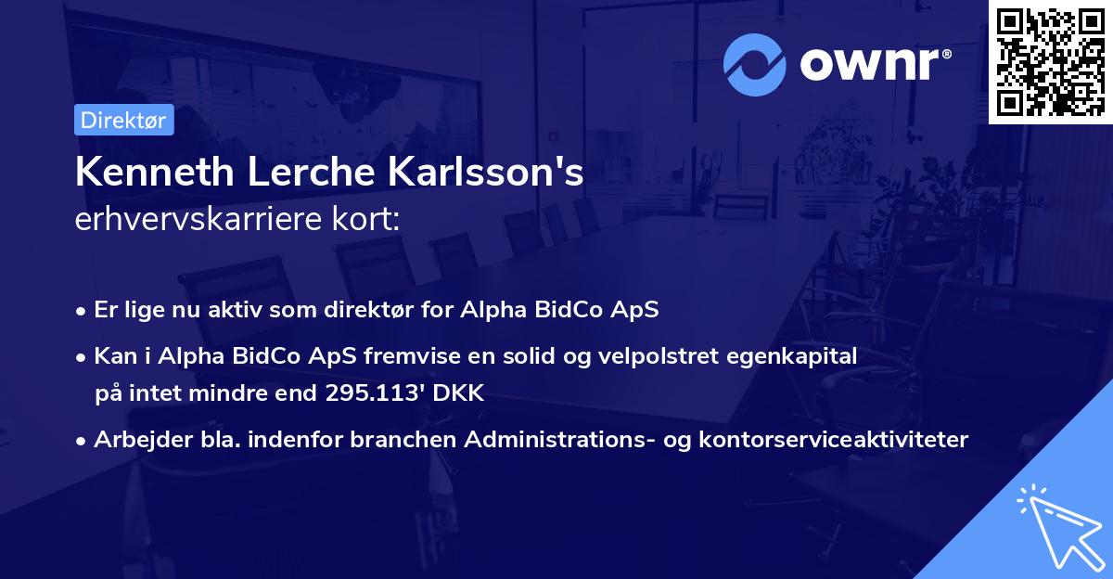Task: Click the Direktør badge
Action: [x=123, y=120]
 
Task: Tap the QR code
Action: [x=1051, y=61]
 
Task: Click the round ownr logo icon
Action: [x=755, y=64]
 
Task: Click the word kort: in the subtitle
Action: [x=370, y=219]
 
